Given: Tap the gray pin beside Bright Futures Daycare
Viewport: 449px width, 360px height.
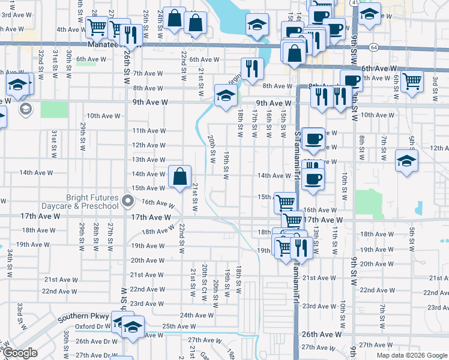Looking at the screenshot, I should tap(127, 200).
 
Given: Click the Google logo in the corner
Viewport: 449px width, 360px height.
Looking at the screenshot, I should tap(20, 353).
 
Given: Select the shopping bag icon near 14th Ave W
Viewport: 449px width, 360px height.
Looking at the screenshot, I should tap(179, 176).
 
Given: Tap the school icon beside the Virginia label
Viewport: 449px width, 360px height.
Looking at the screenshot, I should tap(226, 95).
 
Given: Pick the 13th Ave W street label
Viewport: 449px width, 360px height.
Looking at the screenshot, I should tap(149, 160).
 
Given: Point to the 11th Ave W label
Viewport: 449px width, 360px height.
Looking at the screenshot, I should tap(149, 131).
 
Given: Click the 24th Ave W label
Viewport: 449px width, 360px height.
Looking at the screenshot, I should tap(197, 314).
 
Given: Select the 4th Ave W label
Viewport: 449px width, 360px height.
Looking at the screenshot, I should tap(70, 29).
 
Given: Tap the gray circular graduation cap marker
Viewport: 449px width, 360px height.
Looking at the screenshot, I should tap(25, 109).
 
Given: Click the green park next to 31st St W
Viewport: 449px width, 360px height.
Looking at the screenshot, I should tap(55, 110).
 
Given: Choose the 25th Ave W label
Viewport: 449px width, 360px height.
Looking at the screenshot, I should tap(178, 326).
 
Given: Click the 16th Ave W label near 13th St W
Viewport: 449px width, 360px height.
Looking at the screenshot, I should tap(320, 210).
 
